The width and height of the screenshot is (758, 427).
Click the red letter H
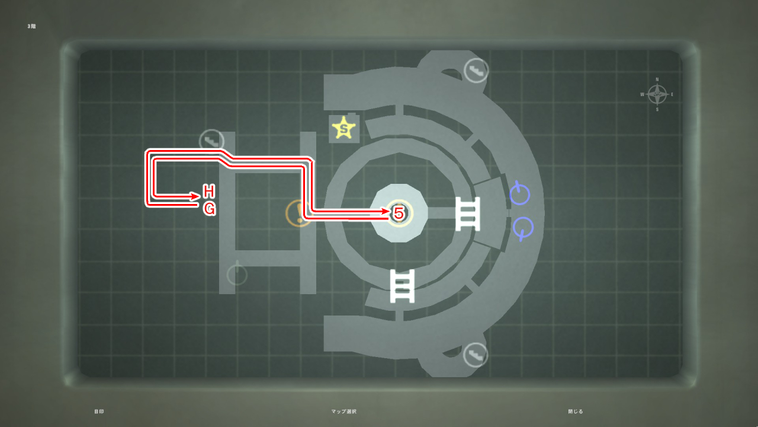[208, 192]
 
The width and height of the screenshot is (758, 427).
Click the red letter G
[209, 209]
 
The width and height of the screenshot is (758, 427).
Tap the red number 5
[399, 212]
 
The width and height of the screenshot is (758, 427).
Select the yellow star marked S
[343, 128]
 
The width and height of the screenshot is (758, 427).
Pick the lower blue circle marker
[522, 228]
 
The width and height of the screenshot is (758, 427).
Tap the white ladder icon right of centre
[467, 213]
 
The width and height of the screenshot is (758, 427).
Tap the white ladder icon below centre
[402, 286]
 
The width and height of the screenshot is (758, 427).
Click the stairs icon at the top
[476, 71]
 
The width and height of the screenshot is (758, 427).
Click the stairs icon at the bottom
[475, 355]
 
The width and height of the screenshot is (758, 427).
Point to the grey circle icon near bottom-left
[237, 275]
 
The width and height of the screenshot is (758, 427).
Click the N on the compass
[657, 79]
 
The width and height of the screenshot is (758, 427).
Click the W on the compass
[643, 94]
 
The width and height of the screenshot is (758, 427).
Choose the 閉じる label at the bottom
[575, 411]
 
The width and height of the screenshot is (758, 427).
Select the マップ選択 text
[344, 411]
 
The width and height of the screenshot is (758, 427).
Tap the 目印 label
[99, 411]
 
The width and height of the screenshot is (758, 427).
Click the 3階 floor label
[31, 26]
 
